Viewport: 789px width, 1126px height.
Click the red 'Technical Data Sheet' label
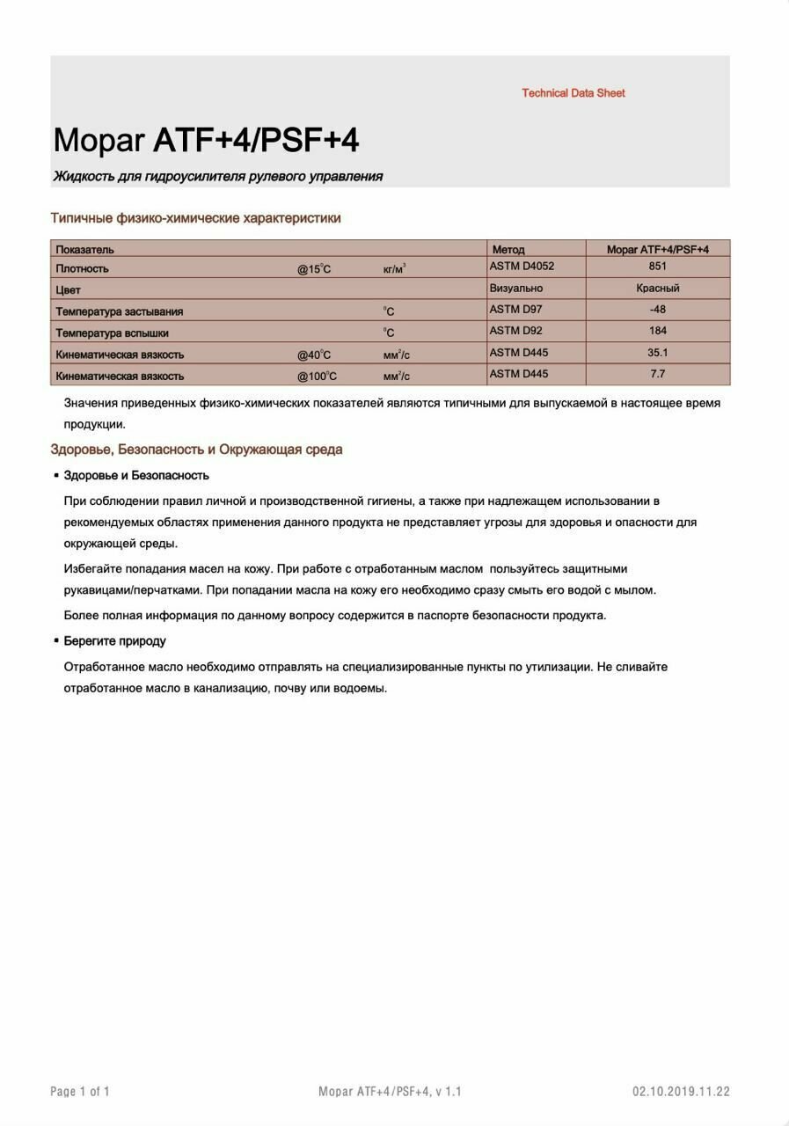(x=573, y=93)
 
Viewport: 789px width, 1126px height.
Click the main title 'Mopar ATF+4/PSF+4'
(x=206, y=141)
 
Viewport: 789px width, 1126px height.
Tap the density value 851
(x=657, y=267)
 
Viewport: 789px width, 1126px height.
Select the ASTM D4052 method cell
(x=522, y=266)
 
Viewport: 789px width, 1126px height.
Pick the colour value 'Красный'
(x=657, y=288)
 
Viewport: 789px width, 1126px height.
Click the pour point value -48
(x=657, y=310)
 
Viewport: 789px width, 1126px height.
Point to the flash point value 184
(x=657, y=331)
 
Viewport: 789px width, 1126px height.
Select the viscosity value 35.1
(x=657, y=353)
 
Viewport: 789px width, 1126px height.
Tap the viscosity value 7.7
(x=657, y=374)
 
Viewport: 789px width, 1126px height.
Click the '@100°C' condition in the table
(x=317, y=377)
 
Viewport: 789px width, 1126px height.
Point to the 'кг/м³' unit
(x=394, y=268)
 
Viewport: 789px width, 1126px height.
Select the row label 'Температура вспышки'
(x=112, y=333)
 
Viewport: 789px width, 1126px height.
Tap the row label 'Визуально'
(x=515, y=289)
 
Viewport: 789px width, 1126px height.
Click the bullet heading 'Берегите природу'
(x=114, y=641)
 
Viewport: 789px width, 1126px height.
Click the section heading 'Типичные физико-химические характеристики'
(x=195, y=218)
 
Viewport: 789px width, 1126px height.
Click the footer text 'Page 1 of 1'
(x=80, y=1092)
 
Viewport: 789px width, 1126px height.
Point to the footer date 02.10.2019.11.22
(x=681, y=1092)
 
